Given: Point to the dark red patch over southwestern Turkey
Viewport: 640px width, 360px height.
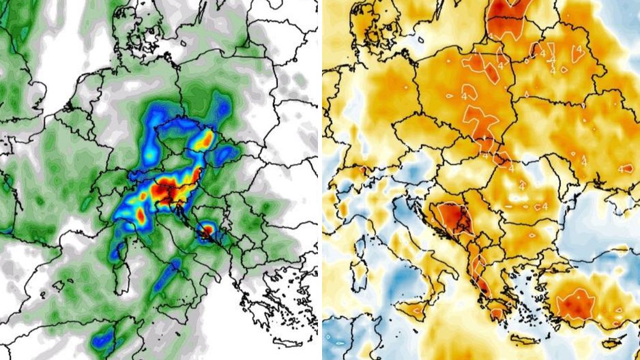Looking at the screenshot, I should click(577, 303).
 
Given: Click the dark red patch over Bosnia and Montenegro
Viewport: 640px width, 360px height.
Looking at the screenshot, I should click(456, 220).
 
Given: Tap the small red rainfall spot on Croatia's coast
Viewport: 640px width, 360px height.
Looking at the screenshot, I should click(205, 231).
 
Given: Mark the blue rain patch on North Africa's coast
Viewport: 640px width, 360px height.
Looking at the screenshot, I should click(102, 337).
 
